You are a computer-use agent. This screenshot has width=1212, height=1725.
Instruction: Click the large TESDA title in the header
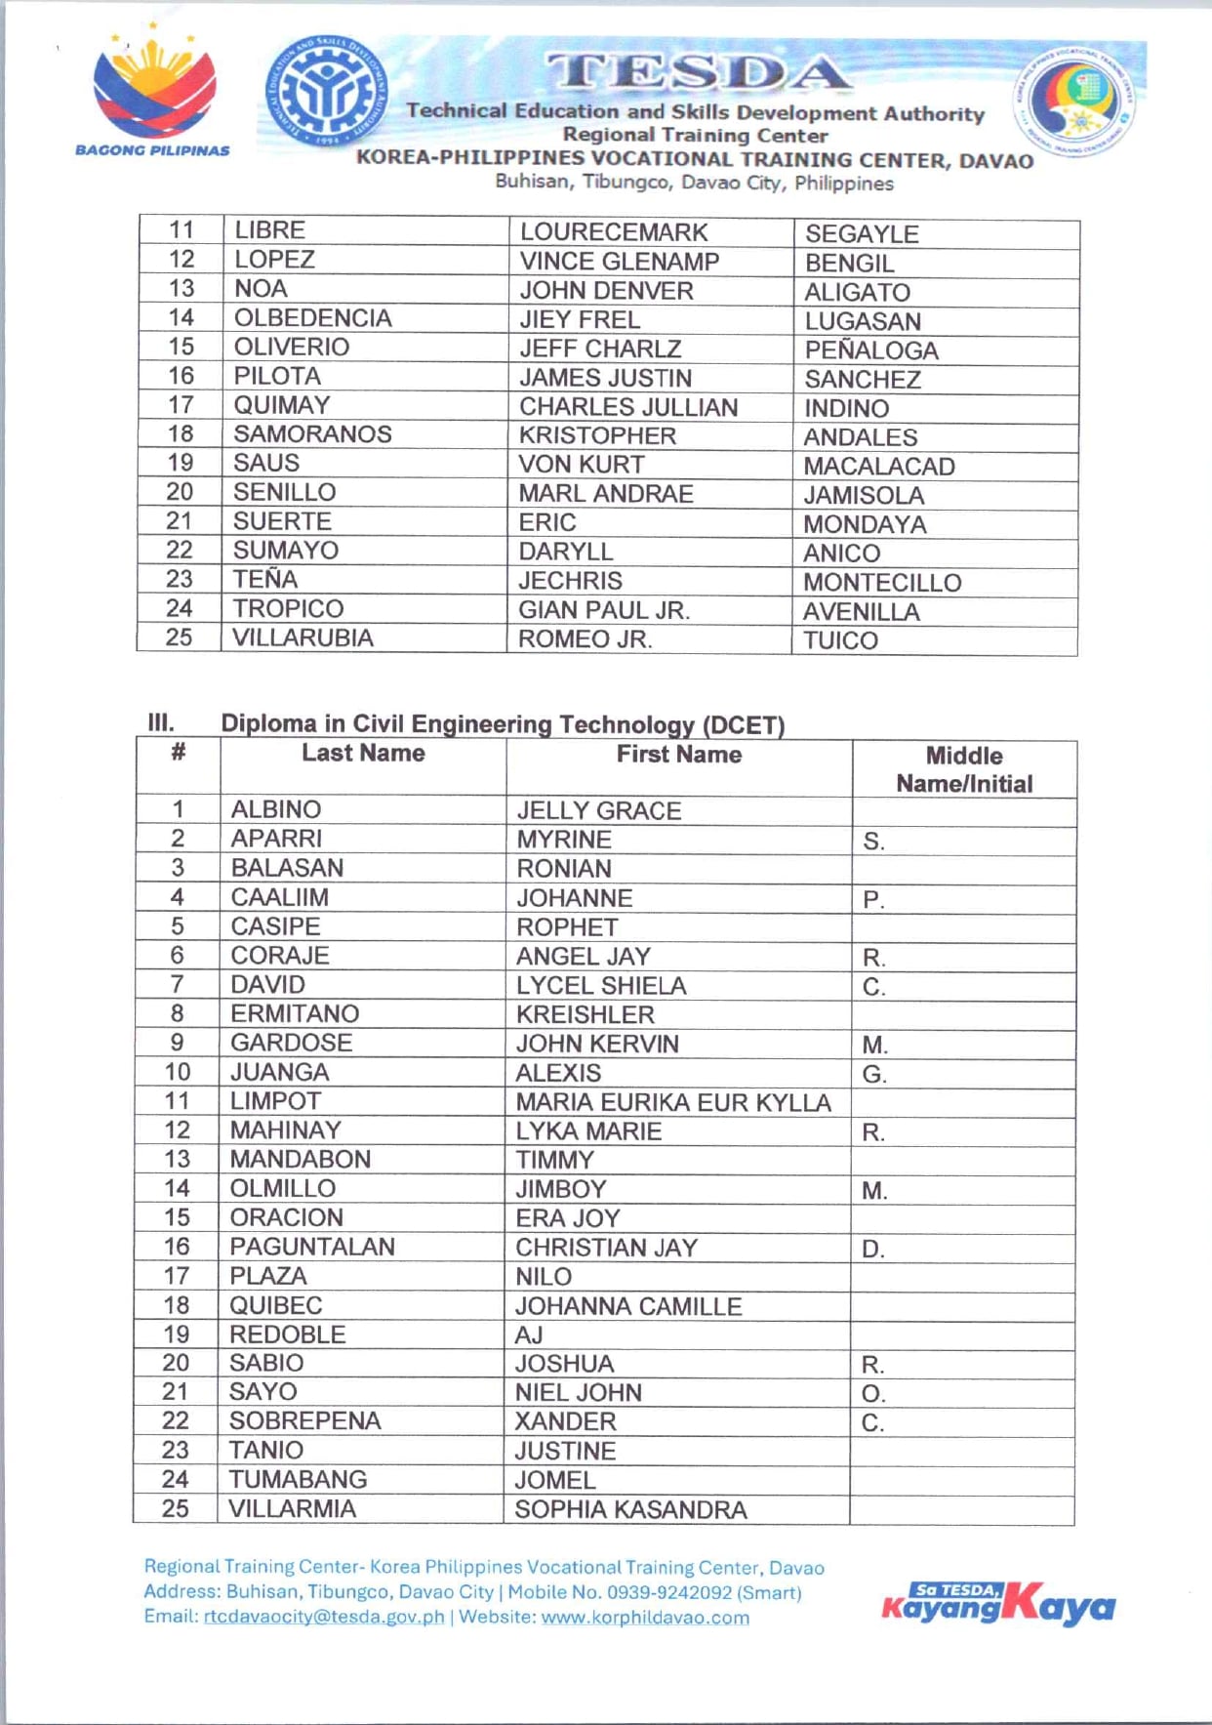click(x=698, y=72)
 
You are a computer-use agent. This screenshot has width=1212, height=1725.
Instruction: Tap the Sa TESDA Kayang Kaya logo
click(x=997, y=1604)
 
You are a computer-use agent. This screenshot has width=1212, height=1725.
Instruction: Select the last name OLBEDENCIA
click(x=312, y=318)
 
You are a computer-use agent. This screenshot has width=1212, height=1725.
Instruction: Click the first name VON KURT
click(x=582, y=465)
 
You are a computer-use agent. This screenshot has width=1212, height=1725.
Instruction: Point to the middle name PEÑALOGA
click(x=871, y=350)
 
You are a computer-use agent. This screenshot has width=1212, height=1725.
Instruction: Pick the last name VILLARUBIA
click(x=303, y=638)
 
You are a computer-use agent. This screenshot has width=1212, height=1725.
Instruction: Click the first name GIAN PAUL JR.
click(x=604, y=611)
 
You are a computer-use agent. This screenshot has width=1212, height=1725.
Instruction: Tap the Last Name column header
click(x=363, y=753)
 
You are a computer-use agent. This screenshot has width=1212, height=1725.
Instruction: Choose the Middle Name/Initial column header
click(x=964, y=769)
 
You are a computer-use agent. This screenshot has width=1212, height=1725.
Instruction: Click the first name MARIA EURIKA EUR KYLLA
click(x=673, y=1102)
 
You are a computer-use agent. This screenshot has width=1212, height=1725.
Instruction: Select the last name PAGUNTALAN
click(x=312, y=1247)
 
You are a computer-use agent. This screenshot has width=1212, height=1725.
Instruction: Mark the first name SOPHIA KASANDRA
click(x=630, y=1509)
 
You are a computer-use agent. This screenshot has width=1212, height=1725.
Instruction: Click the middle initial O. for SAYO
click(x=873, y=1393)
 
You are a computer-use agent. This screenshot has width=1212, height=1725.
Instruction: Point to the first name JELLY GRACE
click(x=599, y=810)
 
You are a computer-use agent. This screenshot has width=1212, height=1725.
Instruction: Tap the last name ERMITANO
click(x=295, y=1013)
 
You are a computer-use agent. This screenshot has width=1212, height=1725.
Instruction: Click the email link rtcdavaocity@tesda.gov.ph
click(x=323, y=1617)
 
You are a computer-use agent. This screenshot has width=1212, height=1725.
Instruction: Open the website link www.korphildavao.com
click(x=645, y=1618)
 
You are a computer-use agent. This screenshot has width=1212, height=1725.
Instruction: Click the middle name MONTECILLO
click(x=882, y=583)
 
